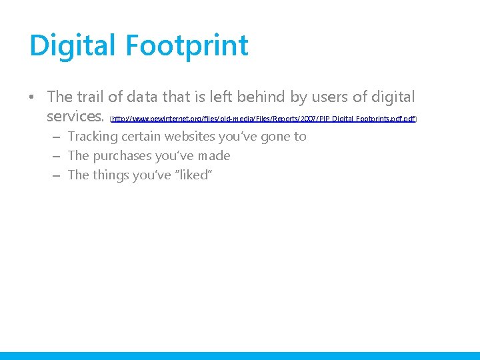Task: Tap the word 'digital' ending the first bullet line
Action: [x=392, y=97]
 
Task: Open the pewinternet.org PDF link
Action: [x=263, y=119]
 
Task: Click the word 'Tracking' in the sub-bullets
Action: [x=93, y=137]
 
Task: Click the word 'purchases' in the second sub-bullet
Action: [x=122, y=156]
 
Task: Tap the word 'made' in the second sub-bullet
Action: [x=213, y=156]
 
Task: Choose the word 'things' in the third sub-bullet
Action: [x=113, y=175]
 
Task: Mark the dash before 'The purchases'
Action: [x=55, y=157]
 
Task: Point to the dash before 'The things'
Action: [x=55, y=176]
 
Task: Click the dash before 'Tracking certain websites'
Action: [x=55, y=137]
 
